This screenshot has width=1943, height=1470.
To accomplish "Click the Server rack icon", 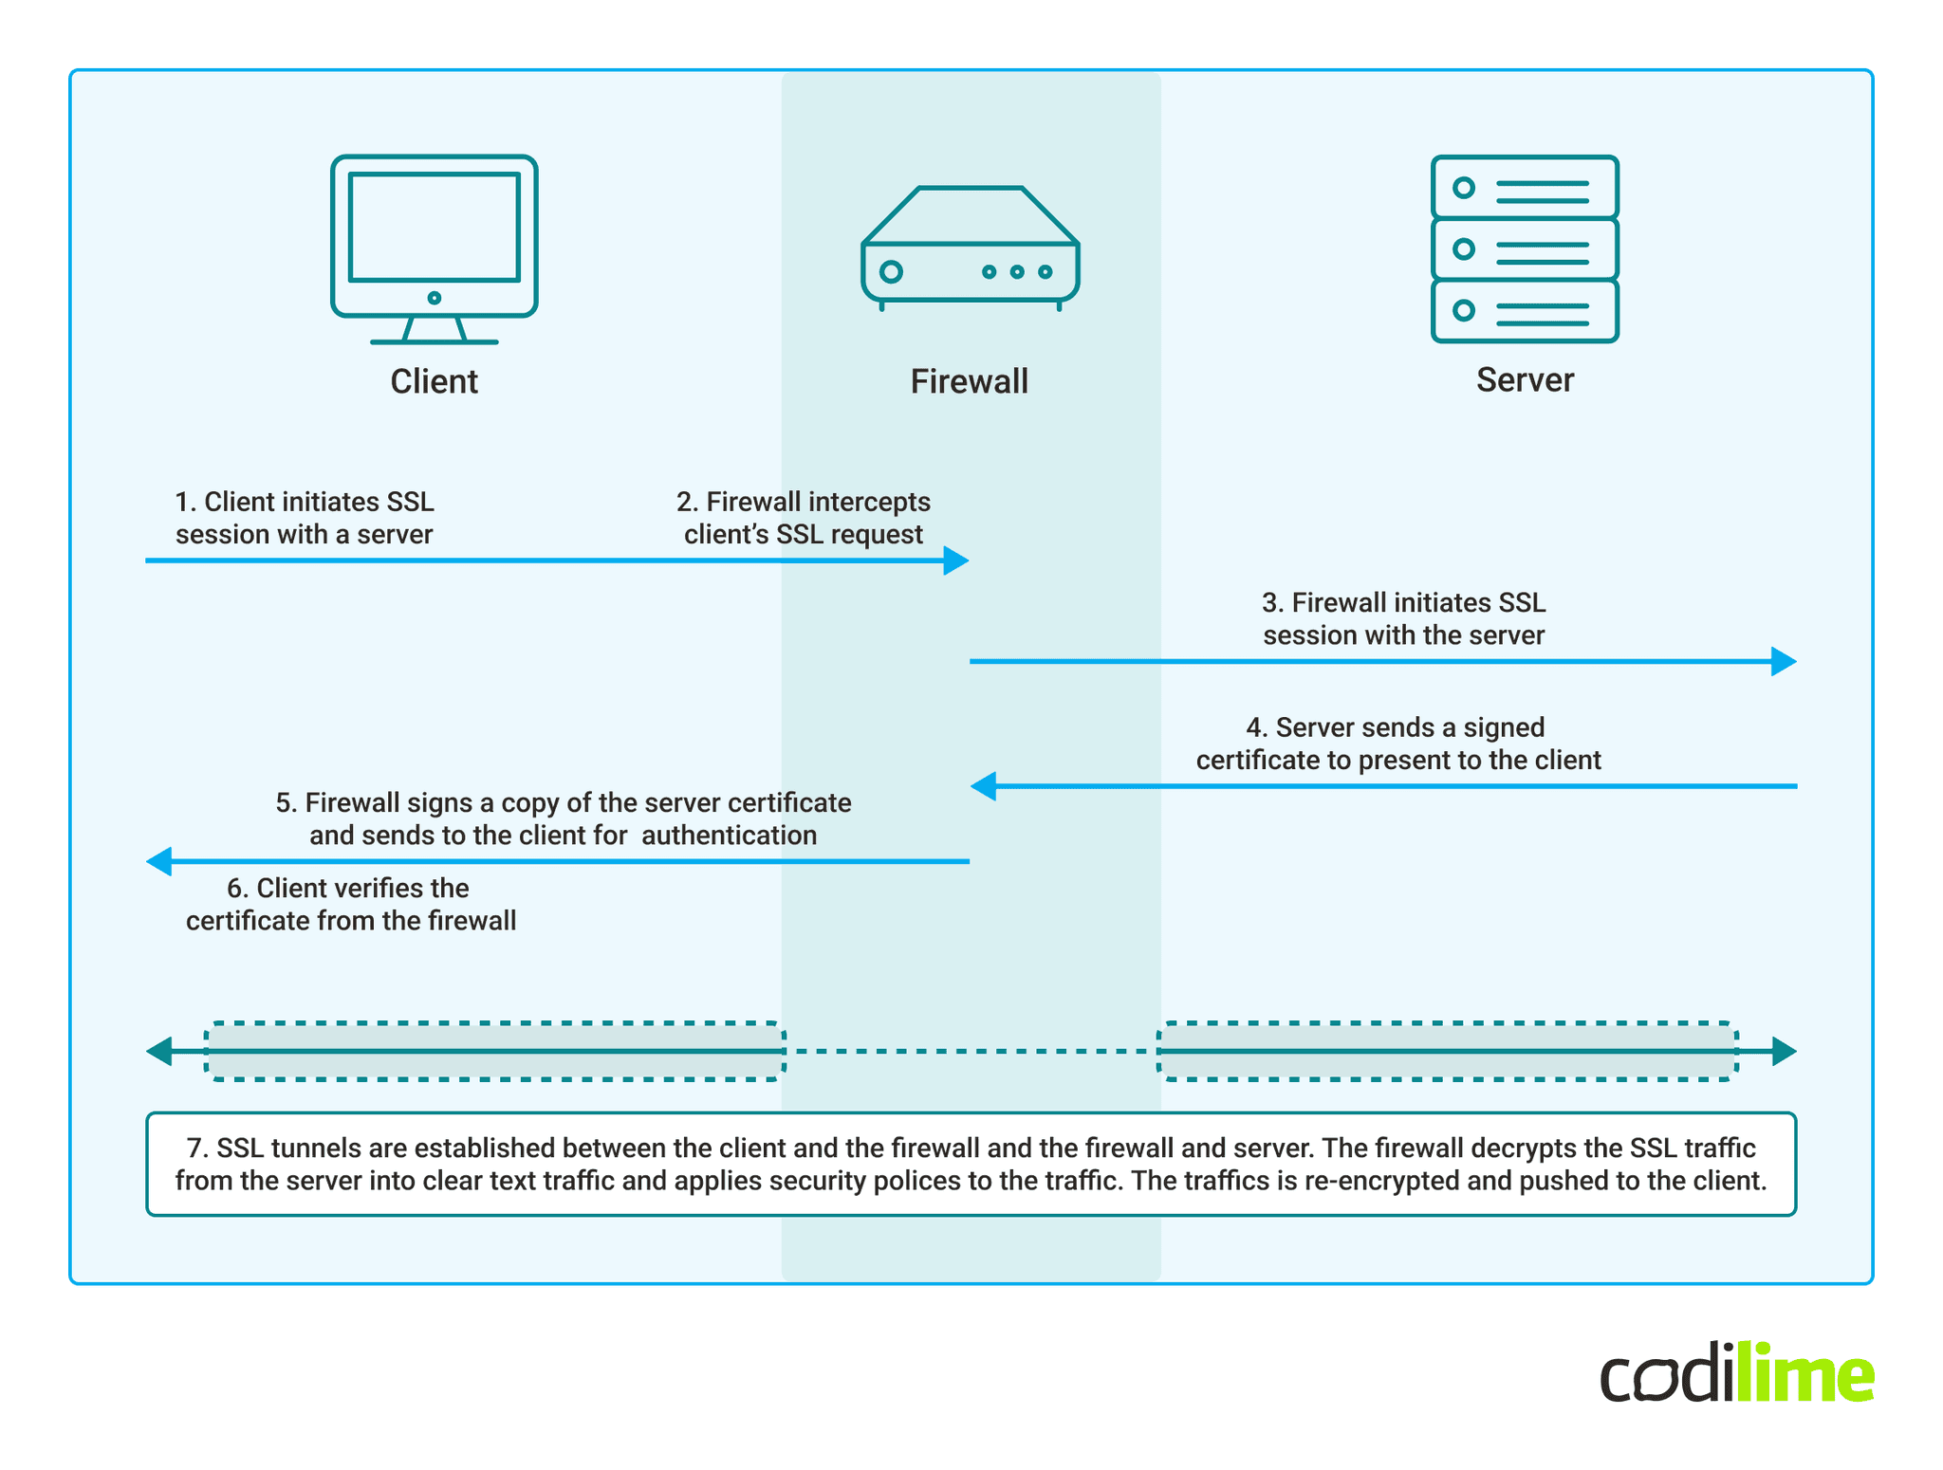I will [x=1524, y=248].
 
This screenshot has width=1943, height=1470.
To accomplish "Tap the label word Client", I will [x=434, y=381].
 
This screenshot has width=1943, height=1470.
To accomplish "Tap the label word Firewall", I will [x=969, y=381].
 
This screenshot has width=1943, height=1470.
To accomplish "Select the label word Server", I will [x=1524, y=380].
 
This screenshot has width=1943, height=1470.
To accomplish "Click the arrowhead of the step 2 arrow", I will [x=956, y=560].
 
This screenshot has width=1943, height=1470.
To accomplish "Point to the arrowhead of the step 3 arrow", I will [x=1784, y=661].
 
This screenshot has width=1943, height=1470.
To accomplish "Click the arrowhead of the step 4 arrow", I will [x=983, y=785].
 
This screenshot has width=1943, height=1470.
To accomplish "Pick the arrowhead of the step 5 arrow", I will [x=158, y=861].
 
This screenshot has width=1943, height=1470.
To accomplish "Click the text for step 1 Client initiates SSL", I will [x=304, y=518].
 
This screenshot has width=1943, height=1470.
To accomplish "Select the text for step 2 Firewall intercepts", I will [x=803, y=518].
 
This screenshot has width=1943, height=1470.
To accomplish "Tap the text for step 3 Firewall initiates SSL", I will [x=1403, y=618].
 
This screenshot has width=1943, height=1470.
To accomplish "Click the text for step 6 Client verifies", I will [x=349, y=904].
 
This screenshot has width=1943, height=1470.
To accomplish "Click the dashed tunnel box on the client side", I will [x=494, y=1051].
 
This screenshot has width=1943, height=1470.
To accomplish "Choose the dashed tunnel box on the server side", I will [x=1447, y=1051].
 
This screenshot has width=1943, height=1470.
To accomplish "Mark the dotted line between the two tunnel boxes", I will [x=970, y=1051].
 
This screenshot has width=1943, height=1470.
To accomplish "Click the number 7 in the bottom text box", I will [x=195, y=1148].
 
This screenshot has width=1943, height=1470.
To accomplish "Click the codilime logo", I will [x=1735, y=1373].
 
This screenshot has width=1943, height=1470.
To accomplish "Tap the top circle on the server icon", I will [x=1463, y=188].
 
